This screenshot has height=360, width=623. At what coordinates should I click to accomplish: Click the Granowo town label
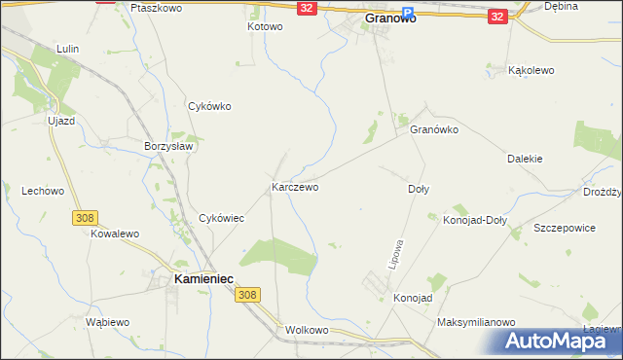coord(389,18)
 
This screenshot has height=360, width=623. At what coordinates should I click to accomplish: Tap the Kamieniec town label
coord(202,278)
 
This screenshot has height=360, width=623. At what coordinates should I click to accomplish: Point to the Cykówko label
coord(209,107)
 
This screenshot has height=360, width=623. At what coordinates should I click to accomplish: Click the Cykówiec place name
coord(221,219)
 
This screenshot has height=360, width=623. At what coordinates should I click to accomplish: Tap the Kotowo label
coord(265,27)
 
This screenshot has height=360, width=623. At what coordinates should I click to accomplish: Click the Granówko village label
coord(434,129)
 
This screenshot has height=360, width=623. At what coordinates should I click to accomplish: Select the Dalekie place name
coord(525,159)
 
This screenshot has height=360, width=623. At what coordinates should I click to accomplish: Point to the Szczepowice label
coord(565,227)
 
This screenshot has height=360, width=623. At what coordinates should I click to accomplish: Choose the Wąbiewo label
coord(107,322)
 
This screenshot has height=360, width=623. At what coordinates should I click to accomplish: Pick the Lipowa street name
coord(395,254)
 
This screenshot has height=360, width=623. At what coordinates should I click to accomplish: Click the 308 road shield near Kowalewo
coord(83,218)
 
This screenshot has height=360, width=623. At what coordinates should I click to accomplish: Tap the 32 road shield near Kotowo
coord(307,8)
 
